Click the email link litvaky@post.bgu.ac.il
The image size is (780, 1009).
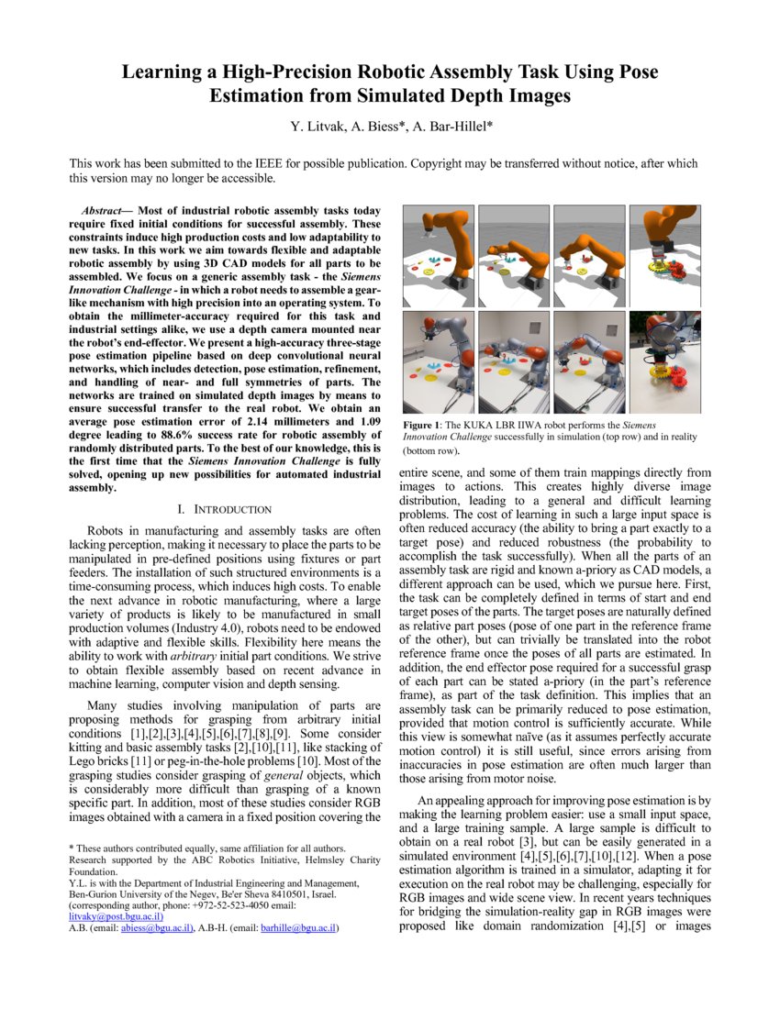point(116,915)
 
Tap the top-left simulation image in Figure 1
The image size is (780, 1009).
point(436,254)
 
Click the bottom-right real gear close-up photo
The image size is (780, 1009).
point(663,363)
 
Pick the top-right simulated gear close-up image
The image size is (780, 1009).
point(663,254)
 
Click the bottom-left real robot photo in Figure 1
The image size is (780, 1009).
point(436,363)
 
